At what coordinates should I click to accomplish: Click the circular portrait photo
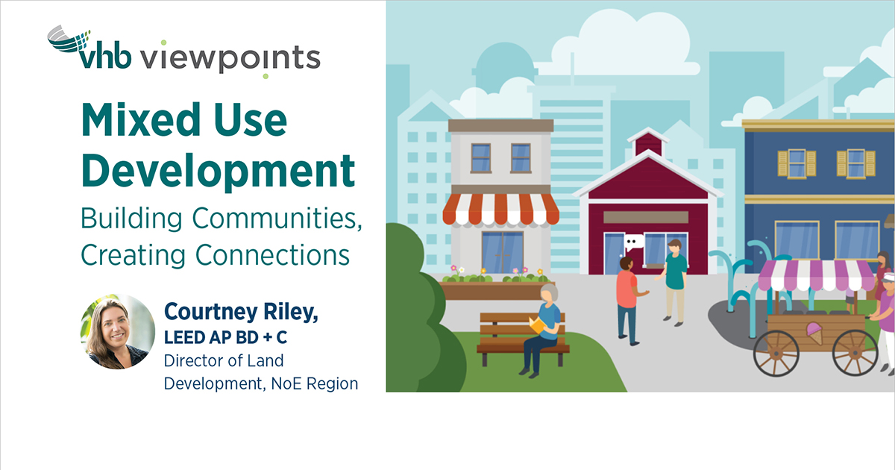click(118, 331)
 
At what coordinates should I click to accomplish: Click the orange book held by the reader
click(536, 325)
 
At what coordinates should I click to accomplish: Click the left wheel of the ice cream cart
click(776, 353)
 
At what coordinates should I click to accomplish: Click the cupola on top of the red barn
click(647, 142)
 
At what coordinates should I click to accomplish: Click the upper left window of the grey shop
click(481, 157)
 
